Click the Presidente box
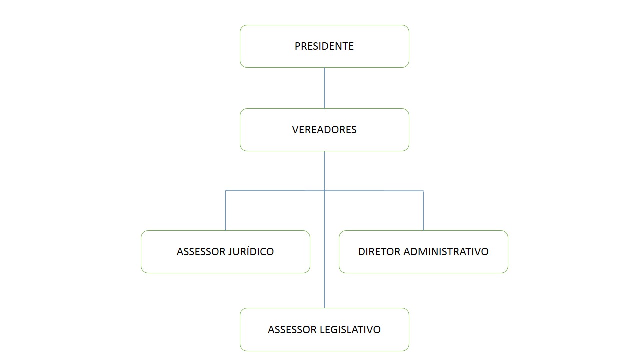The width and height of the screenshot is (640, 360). (324, 46)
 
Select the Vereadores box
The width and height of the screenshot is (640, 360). (324, 130)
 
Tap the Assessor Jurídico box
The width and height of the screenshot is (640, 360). (225, 252)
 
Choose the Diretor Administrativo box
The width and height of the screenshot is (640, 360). (423, 252)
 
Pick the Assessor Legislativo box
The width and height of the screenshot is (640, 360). (324, 329)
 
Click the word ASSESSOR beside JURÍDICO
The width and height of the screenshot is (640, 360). (201, 252)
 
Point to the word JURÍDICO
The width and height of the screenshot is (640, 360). (251, 251)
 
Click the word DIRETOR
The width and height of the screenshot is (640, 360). (379, 252)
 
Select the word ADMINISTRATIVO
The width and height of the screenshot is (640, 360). (446, 252)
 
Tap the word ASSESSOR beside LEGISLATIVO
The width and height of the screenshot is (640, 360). (292, 330)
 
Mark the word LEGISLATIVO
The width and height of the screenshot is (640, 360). (350, 330)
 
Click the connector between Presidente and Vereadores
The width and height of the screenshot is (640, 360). (324, 88)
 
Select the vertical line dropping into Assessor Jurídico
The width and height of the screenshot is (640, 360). (225, 211)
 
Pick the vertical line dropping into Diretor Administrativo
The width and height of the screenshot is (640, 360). (423, 211)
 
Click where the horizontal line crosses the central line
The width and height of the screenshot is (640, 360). (324, 191)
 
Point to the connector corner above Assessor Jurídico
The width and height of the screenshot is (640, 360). (225, 191)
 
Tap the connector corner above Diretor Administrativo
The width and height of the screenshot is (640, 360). (423, 191)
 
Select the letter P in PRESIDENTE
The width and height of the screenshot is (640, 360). (298, 46)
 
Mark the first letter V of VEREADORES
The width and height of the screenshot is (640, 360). (296, 130)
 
